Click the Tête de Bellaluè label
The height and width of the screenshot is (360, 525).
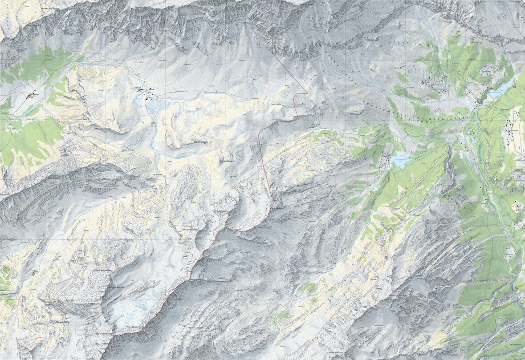pyautogui.click(x=190, y=229)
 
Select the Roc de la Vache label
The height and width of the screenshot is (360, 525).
pyautogui.click(x=201, y=142)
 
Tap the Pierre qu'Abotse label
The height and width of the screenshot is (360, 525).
pyautogui.click(x=115, y=288)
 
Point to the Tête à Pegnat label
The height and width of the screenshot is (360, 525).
pyautogui.click(x=278, y=207)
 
